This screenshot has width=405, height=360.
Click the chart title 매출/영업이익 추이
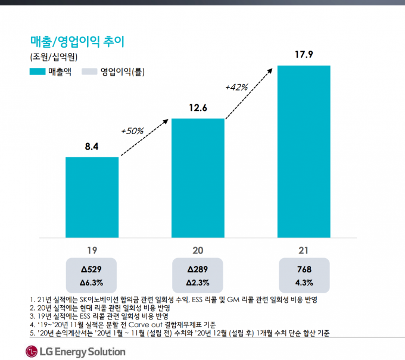pos(77,41)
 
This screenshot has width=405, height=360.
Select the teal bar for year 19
pos(92,197)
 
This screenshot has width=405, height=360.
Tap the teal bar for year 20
pos(198,178)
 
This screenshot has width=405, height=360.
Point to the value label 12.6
pos(198,108)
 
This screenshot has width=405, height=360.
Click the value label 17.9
pos(304,55)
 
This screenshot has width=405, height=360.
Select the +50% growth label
pos(132,130)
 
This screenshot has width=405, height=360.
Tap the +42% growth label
pos(236,87)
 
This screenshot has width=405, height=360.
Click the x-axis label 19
pos(92,249)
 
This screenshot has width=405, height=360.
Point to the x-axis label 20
pos(198,249)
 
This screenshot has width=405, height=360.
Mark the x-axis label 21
pos(304,249)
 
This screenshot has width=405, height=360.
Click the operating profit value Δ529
pos(92,269)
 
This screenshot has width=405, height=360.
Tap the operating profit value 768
pos(304,269)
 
